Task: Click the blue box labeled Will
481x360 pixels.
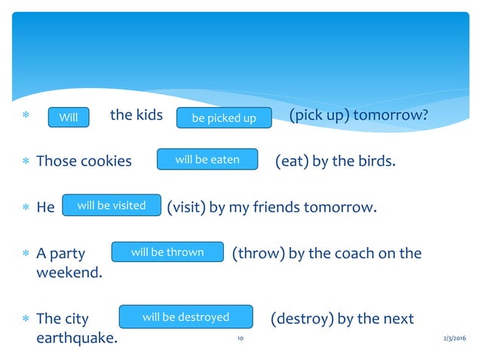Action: pos(69,117)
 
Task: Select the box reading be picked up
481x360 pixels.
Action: pos(224,118)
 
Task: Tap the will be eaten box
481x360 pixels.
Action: pos(207,160)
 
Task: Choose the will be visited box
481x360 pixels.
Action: pos(112,206)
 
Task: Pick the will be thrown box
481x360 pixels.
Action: pos(167,252)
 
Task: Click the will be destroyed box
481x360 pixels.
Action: pos(185,317)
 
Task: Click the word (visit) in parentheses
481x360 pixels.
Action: pos(185,206)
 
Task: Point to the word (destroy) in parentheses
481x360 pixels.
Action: pos(300,319)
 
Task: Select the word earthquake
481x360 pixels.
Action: pos(77,338)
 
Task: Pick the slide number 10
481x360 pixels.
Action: pos(240,340)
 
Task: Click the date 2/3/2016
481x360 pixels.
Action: pos(455,340)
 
